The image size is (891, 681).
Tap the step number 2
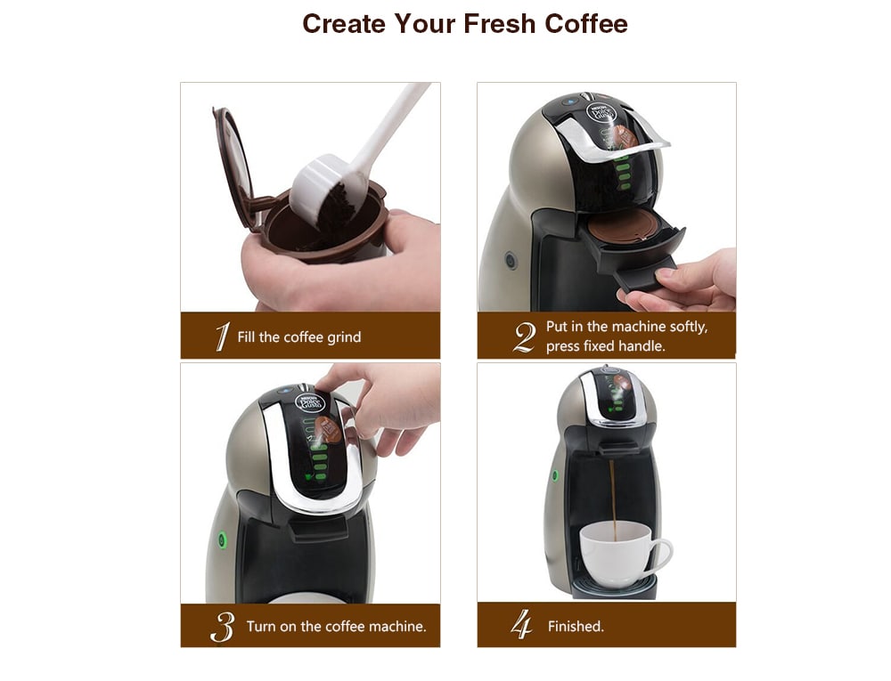525,336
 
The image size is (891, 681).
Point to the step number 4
521,626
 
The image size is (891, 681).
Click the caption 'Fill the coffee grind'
299,337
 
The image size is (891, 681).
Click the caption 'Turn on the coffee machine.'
336,627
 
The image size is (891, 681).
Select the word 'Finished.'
576,627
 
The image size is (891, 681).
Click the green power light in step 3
220,539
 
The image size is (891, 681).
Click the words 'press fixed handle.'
605,346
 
